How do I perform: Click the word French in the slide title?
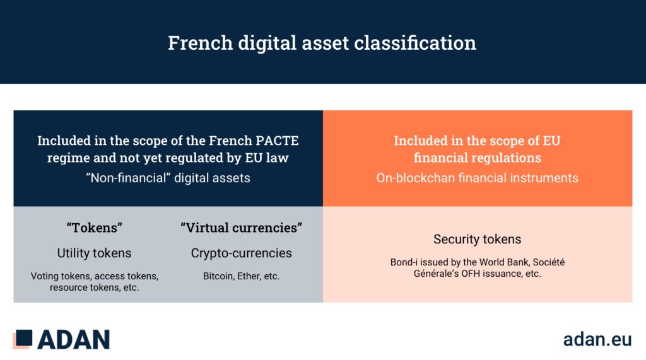point(200,43)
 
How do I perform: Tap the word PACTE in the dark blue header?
point(277,141)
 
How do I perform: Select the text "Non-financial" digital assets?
point(168,178)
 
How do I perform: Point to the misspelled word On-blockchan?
point(416,178)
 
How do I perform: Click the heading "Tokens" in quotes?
point(95,228)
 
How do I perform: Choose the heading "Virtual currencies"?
point(242,228)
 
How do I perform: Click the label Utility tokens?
point(95,253)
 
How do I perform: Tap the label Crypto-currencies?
point(242,253)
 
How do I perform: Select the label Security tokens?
point(477,240)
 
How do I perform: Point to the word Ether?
point(249,276)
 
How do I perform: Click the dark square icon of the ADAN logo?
point(24,338)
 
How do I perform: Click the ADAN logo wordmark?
point(74,339)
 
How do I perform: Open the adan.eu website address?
point(597,339)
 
